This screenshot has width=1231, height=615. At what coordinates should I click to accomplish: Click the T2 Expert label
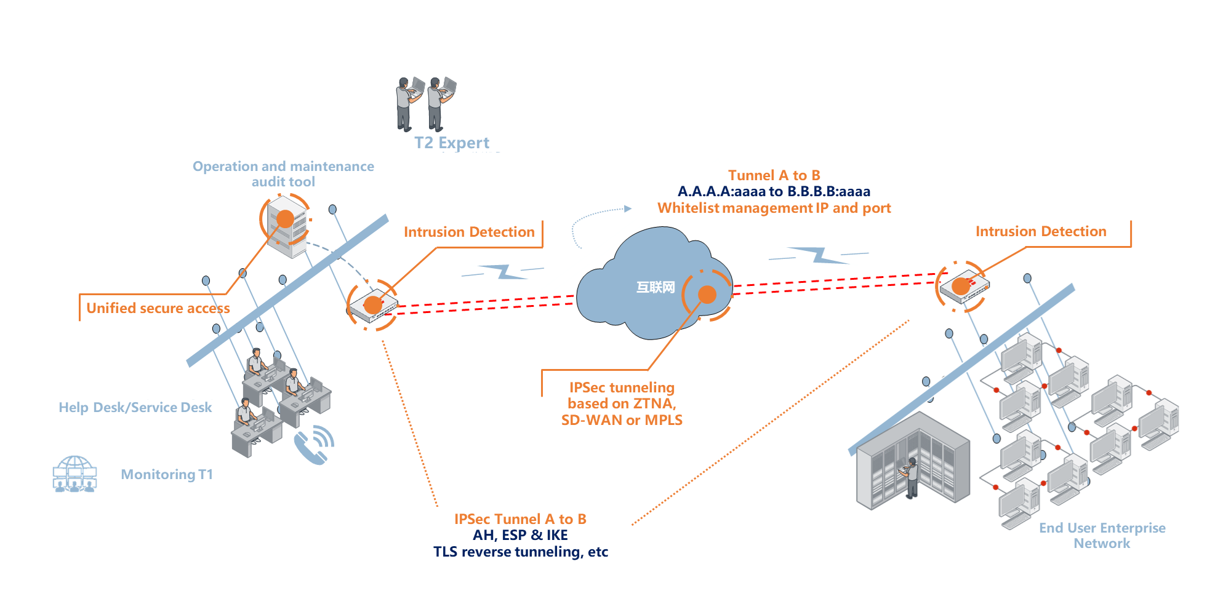pyautogui.click(x=452, y=143)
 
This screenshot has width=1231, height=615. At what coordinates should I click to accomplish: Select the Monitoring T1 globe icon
pyautogui.click(x=74, y=474)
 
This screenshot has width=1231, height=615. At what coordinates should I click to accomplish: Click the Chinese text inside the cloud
pyautogui.click(x=656, y=287)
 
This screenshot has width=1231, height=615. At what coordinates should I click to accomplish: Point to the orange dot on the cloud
pyautogui.click(x=707, y=295)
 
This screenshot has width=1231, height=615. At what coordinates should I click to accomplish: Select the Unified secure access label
pyautogui.click(x=158, y=308)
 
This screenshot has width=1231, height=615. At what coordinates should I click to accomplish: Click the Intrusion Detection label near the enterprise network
pyautogui.click(x=1041, y=231)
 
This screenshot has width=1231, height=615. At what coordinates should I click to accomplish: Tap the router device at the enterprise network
pyautogui.click(x=964, y=287)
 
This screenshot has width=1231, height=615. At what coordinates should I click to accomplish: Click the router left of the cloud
pyautogui.click(x=373, y=305)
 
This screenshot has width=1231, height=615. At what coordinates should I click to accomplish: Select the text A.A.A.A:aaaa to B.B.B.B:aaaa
pyautogui.click(x=774, y=191)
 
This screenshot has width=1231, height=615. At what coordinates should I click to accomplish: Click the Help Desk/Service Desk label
pyautogui.click(x=135, y=407)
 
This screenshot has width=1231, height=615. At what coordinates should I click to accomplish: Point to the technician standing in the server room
pyautogui.click(x=910, y=477)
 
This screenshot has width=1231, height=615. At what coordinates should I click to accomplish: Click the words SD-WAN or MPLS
pyautogui.click(x=622, y=420)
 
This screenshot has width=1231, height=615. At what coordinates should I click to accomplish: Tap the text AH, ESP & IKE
pyautogui.click(x=520, y=535)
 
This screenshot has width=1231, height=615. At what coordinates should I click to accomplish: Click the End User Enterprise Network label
pyautogui.click(x=1102, y=535)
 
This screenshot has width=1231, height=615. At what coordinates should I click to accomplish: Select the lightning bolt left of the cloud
pyautogui.click(x=503, y=271)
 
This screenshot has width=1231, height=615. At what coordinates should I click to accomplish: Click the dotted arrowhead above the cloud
pyautogui.click(x=628, y=208)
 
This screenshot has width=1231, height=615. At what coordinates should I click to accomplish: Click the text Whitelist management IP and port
pyautogui.click(x=774, y=208)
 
